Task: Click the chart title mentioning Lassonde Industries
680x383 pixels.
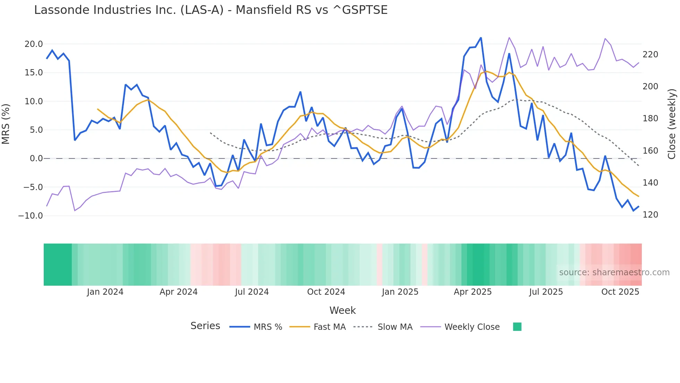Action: [x=211, y=10]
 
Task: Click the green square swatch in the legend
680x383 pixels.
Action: [x=517, y=327]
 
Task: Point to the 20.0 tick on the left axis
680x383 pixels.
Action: [x=34, y=44]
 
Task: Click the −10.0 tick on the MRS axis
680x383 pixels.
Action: [x=31, y=216]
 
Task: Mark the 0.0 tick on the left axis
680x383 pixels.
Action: [x=36, y=158]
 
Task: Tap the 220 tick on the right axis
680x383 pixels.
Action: [x=650, y=55]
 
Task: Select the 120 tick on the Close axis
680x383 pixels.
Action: [x=650, y=215]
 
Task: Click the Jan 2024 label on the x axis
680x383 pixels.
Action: [x=105, y=292]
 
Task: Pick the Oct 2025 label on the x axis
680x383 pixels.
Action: [x=620, y=292]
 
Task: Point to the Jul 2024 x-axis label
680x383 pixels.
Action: [x=252, y=292]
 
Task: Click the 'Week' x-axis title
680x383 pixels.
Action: [x=342, y=310]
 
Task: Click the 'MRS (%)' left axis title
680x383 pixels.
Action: [x=6, y=124]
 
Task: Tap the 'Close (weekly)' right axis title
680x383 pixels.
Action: [x=672, y=124]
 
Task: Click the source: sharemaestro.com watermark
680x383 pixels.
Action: [x=614, y=272]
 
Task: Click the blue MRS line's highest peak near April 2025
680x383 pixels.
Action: [x=481, y=38]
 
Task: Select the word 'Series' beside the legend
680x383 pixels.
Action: [x=205, y=326]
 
